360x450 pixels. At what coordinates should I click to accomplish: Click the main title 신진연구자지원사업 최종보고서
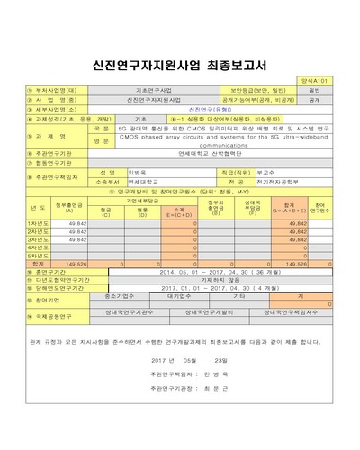[x=179, y=65]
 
